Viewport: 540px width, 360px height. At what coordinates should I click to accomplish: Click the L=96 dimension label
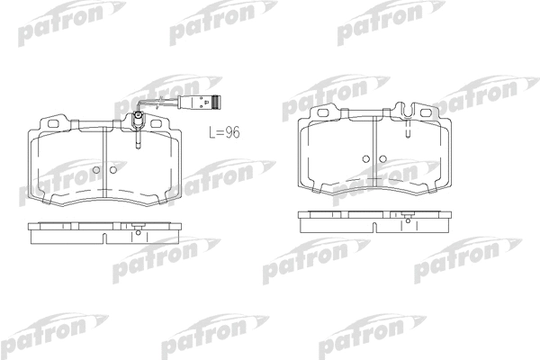(224, 132)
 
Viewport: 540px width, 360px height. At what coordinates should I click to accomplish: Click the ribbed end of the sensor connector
(215, 102)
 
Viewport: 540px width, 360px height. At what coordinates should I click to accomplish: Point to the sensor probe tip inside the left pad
(138, 148)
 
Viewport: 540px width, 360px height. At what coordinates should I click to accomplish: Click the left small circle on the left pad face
(96, 170)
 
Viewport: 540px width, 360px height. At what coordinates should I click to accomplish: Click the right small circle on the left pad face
(113, 170)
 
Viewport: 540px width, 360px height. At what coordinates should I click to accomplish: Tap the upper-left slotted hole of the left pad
(53, 123)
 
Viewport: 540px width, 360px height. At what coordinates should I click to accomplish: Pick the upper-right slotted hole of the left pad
(157, 123)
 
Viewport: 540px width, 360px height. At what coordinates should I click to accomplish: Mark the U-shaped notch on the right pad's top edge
(408, 111)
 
